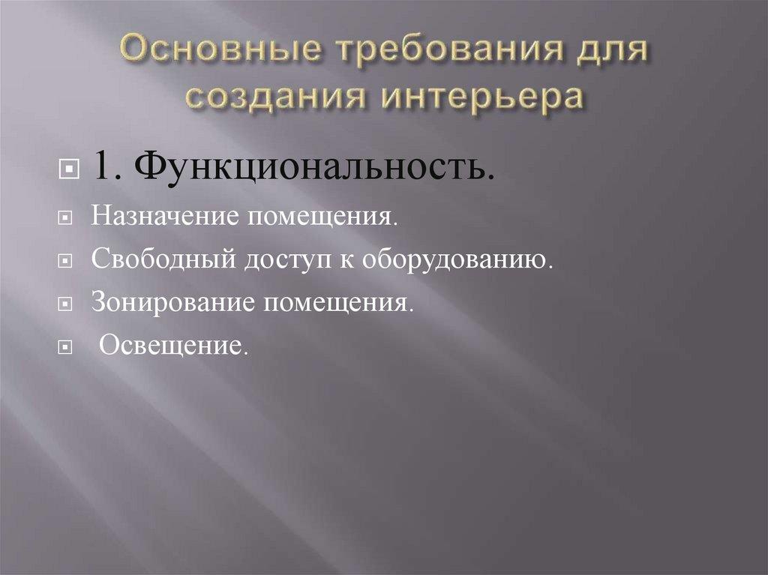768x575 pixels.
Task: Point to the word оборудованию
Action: click(457, 261)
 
